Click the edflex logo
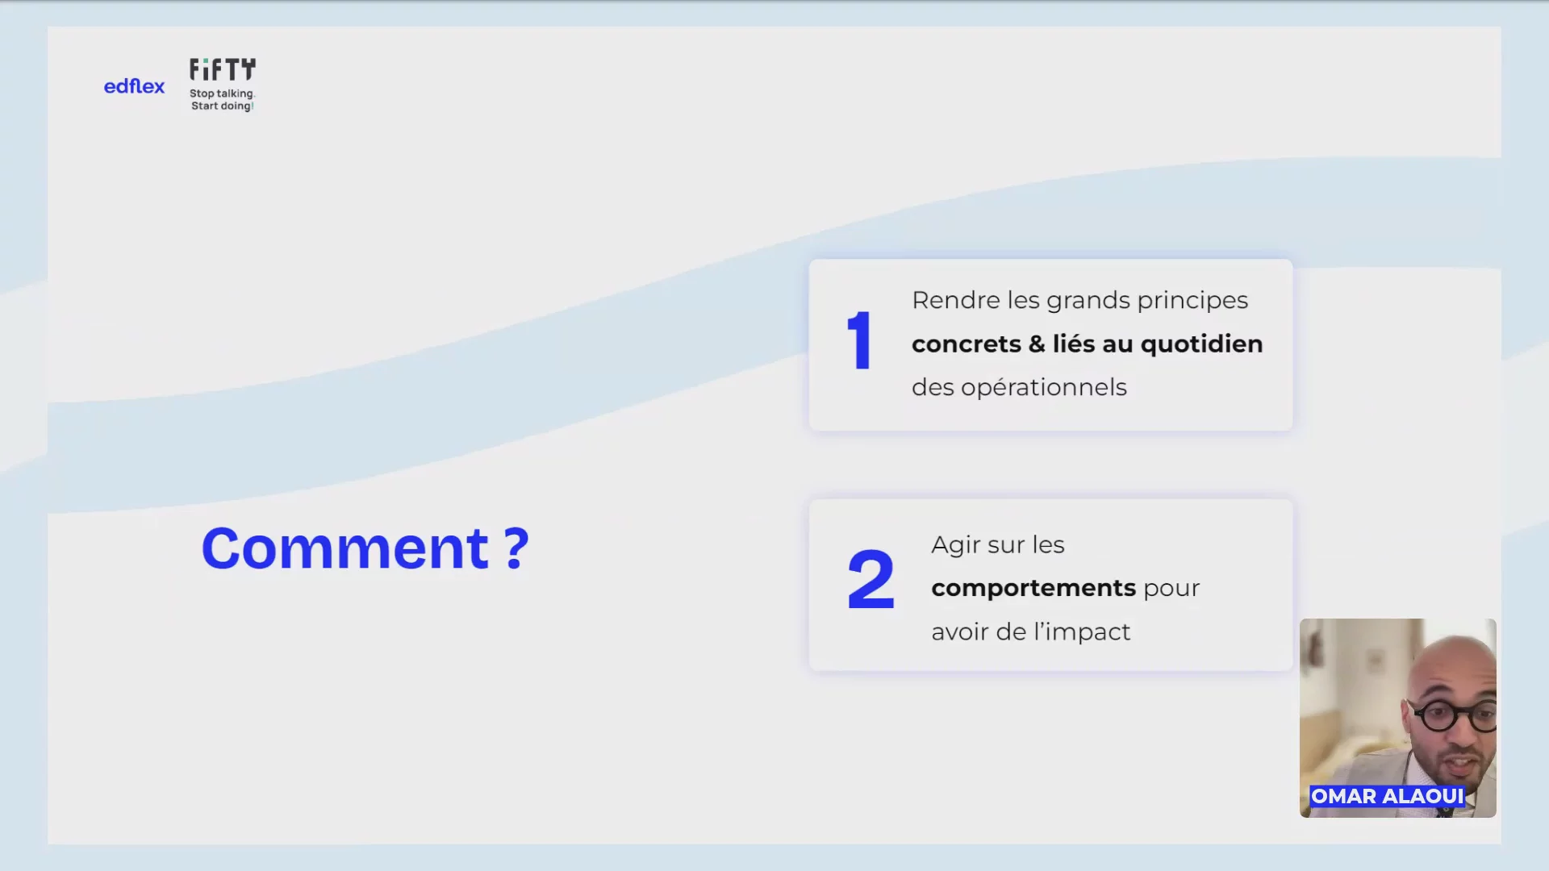click(134, 86)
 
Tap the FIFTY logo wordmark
click(223, 70)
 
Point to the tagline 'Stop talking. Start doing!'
click(222, 100)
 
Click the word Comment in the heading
click(345, 548)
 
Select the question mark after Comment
click(517, 548)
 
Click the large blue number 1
click(860, 341)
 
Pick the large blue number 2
click(871, 578)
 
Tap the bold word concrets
click(967, 344)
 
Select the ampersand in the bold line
click(1037, 344)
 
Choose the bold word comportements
click(1033, 589)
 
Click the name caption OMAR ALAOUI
click(1387, 796)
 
